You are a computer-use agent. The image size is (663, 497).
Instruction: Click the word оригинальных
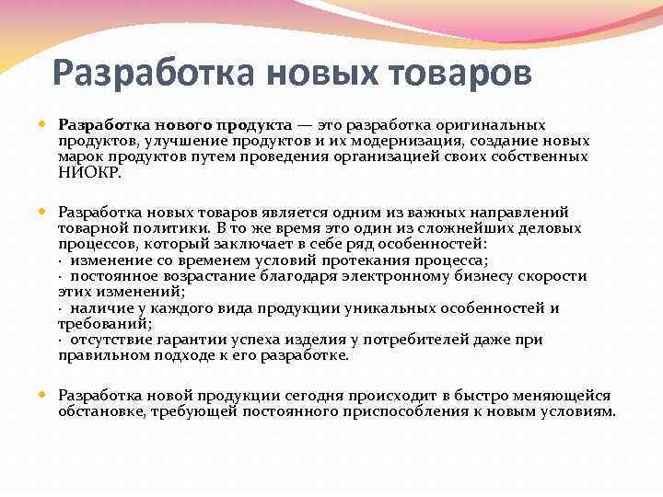coord(496,124)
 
